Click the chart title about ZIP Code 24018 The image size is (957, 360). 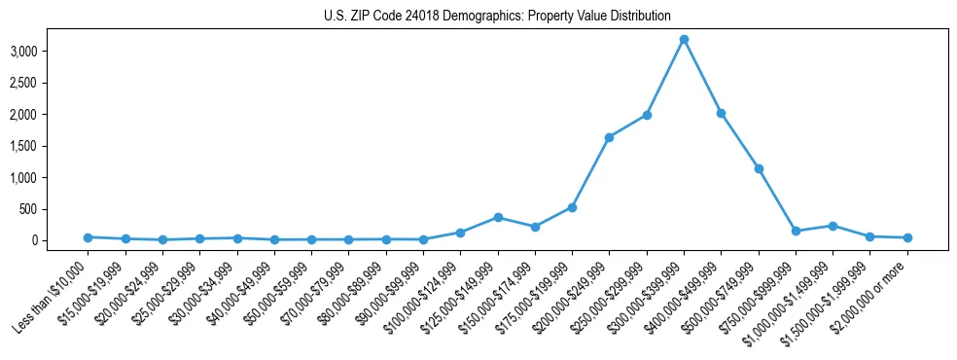[x=497, y=17]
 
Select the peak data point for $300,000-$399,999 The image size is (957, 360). [x=684, y=39]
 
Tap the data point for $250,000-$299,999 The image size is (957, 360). [x=647, y=115]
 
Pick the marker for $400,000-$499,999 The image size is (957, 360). [x=721, y=113]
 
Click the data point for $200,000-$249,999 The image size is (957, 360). [x=609, y=137]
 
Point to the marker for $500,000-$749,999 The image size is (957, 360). [x=759, y=168]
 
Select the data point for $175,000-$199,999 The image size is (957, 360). [x=572, y=207]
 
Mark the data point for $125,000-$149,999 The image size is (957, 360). [x=498, y=217]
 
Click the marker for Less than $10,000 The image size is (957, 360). [x=88, y=237]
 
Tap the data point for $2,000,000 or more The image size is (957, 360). [x=907, y=237]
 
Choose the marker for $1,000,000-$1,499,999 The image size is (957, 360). [x=833, y=226]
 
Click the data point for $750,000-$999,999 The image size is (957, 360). [x=796, y=231]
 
